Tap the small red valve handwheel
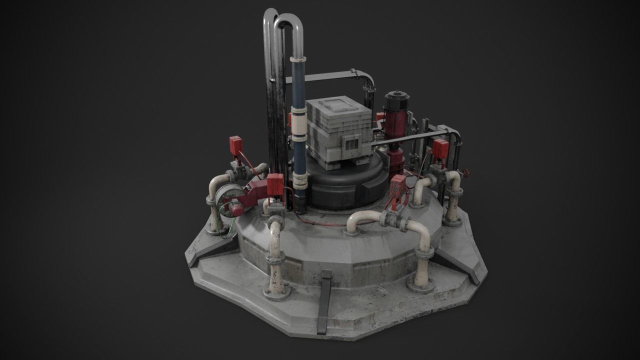466,174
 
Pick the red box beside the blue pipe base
275,184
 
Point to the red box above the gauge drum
235,145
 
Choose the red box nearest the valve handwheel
440,149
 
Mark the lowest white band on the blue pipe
300,179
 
